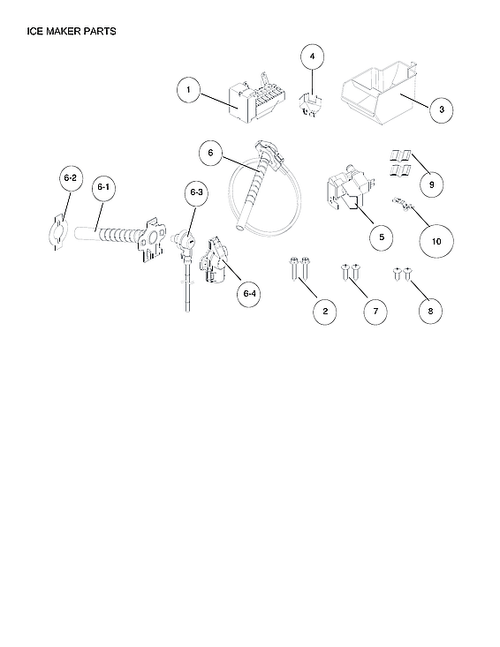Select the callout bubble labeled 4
pyautogui.click(x=311, y=57)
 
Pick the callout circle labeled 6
pyautogui.click(x=210, y=153)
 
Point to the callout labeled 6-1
pyautogui.click(x=102, y=187)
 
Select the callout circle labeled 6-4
pyautogui.click(x=249, y=294)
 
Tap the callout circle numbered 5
pyautogui.click(x=381, y=237)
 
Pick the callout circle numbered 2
pyautogui.click(x=324, y=311)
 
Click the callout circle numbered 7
pyautogui.click(x=375, y=311)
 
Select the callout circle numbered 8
pyautogui.click(x=430, y=311)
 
